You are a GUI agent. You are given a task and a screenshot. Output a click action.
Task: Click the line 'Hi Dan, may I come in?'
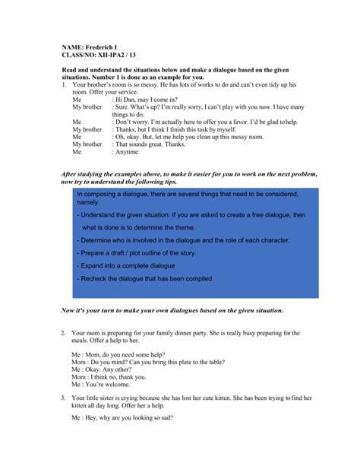[147, 100]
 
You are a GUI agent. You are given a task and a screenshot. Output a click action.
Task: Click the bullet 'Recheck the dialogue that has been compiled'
[144, 278]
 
